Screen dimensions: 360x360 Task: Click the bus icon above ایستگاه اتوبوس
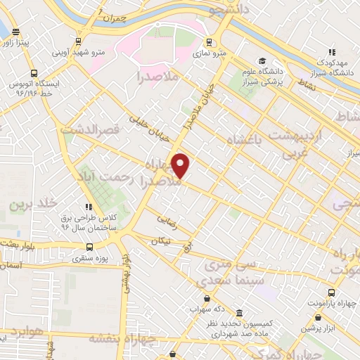(x=33, y=74)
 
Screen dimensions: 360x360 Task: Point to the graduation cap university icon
(x=262, y=61)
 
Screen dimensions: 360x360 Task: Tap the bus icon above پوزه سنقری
(x=89, y=247)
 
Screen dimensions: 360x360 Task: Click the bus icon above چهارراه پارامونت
(x=330, y=292)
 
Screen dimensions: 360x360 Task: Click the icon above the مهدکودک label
(x=332, y=51)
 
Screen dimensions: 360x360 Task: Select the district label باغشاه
(x=248, y=141)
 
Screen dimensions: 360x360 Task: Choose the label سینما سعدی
(x=226, y=276)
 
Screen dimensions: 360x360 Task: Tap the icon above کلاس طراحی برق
(x=89, y=207)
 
